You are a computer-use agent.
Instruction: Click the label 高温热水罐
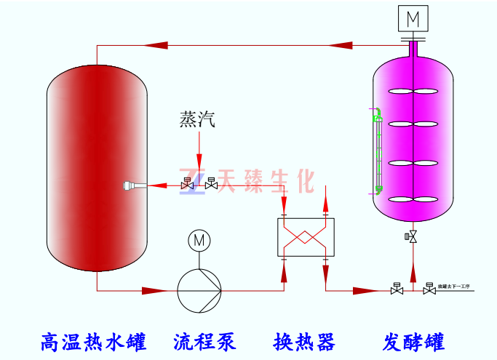[x=94, y=340]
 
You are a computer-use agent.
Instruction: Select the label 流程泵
[x=204, y=340]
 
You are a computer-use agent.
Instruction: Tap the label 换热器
[x=303, y=340]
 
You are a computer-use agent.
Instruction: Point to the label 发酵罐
[x=413, y=340]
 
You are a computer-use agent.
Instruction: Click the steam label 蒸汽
[x=197, y=119]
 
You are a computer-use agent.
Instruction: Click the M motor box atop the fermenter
[x=413, y=17]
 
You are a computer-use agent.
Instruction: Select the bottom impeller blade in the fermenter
[x=413, y=200]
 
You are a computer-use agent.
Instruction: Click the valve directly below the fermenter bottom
[x=413, y=237]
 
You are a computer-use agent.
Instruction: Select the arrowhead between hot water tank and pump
[x=154, y=290]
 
